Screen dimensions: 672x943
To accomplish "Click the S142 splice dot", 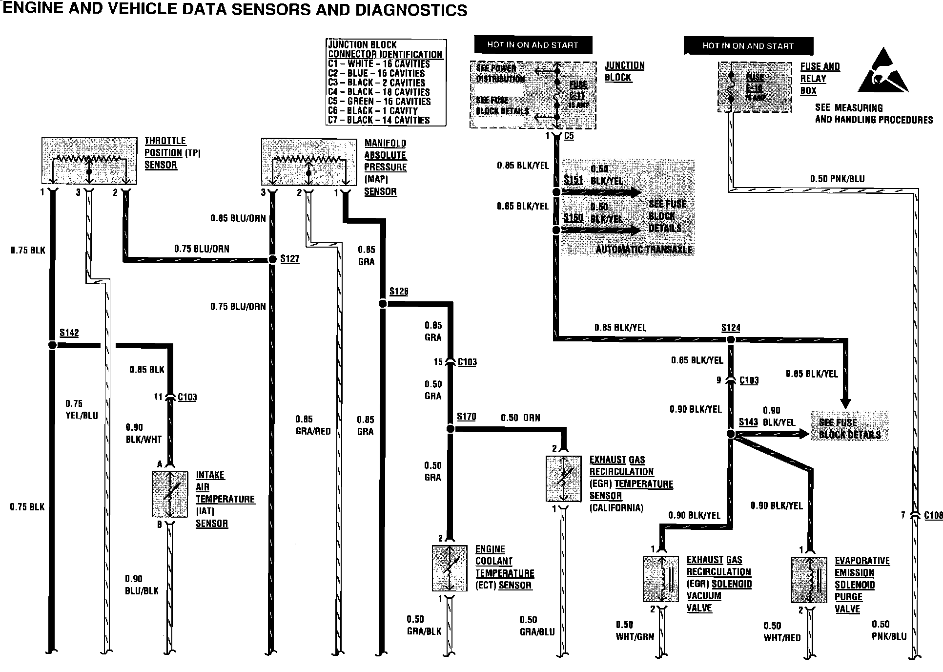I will coord(52,345).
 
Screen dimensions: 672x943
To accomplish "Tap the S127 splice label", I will coord(289,258).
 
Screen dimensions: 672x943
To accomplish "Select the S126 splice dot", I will coord(383,304).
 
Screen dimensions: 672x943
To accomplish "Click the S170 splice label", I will coord(466,417).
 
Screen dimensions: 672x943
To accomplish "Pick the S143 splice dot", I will coord(731,434).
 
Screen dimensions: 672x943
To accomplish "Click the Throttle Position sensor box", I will coord(89,161).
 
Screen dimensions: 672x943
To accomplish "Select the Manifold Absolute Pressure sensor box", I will coord(308,162).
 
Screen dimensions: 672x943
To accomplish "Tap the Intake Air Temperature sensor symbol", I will coord(170,494).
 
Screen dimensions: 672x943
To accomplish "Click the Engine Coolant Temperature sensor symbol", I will coord(450,568).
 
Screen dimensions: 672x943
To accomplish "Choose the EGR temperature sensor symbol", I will coord(563,479).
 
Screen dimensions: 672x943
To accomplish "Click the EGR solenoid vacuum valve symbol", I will coord(661,579).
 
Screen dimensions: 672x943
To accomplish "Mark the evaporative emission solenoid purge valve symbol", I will coord(809,580).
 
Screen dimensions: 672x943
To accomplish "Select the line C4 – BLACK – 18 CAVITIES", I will coord(379,92).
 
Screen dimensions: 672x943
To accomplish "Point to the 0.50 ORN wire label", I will coord(520,418).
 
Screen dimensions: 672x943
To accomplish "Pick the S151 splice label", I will coord(573,180).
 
